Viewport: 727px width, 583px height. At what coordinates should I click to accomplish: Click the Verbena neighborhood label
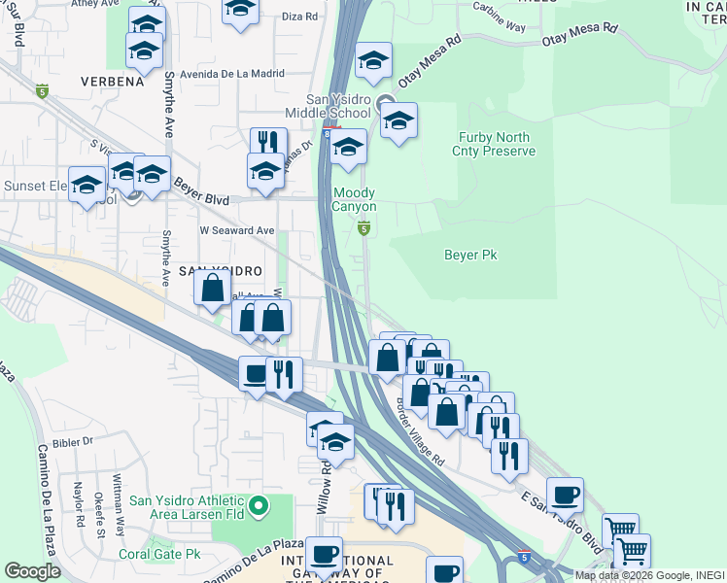[x=112, y=82]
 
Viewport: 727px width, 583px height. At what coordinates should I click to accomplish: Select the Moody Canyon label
[x=354, y=199]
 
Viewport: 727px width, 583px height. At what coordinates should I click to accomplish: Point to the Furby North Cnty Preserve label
[x=495, y=145]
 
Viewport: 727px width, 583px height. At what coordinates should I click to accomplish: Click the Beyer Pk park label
[x=470, y=255]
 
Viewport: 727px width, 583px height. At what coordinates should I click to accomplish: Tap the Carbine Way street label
[x=499, y=23]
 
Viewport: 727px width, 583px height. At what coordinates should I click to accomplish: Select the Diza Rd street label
[x=299, y=17]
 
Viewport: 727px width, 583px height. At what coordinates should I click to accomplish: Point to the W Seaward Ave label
[x=238, y=230]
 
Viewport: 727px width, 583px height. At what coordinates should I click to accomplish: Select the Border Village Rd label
[x=421, y=432]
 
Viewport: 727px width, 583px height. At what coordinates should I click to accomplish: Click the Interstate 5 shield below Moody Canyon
[x=363, y=228]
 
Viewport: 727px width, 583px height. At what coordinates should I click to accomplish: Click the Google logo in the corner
[x=32, y=571]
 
